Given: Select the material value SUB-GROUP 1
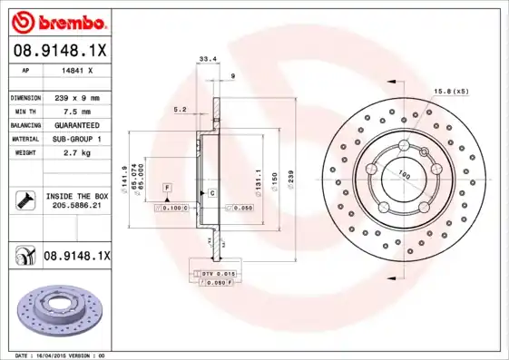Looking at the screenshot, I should pos(73,138).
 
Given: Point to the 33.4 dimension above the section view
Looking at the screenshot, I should pos(207,59).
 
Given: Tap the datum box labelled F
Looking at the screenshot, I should pos(167,186).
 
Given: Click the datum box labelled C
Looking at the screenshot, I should pos(211,193).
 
